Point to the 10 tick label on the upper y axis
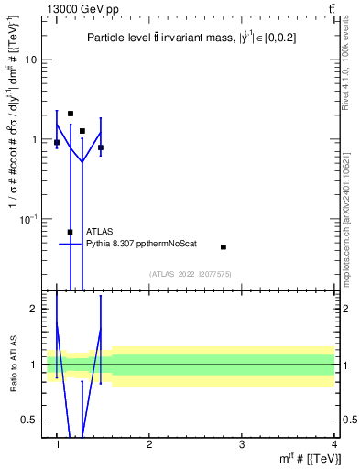[x=29, y=60]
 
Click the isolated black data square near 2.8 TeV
[x=224, y=247]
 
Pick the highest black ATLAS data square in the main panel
[x=71, y=114]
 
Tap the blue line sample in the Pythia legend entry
[x=71, y=244]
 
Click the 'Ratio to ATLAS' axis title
[x=13, y=364]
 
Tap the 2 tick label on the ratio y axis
[x=32, y=309]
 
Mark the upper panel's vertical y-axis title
[x=13, y=156]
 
